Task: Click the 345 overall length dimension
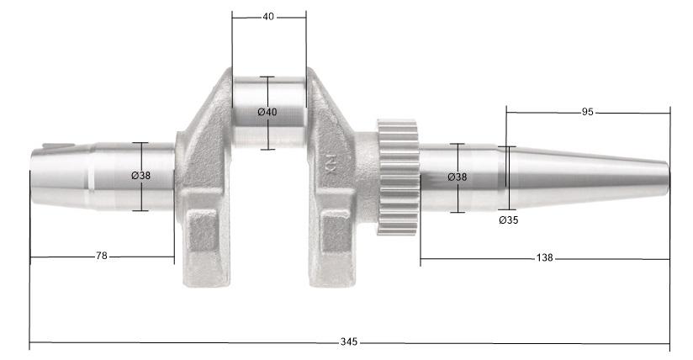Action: (349, 342)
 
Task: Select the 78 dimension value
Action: (102, 256)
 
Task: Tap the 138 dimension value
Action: (543, 258)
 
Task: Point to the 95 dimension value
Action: (588, 112)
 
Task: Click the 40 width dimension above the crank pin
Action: (268, 16)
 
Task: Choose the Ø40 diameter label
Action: (267, 113)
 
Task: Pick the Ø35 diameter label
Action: (508, 220)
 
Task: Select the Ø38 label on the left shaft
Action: (140, 176)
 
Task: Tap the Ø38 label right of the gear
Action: (458, 177)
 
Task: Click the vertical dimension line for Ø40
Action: (267, 93)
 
